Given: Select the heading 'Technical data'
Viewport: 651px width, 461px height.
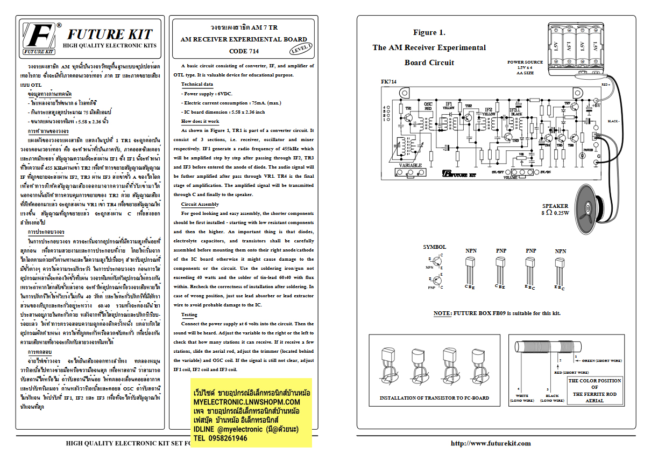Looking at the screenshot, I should [197, 85].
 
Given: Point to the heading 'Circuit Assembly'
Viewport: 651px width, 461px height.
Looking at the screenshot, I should [200, 205].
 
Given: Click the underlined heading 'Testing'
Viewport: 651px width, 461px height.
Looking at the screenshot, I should [189, 315].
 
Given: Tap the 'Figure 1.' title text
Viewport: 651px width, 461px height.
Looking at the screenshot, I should [429, 33].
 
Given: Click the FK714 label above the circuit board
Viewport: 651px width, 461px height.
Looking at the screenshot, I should [388, 82].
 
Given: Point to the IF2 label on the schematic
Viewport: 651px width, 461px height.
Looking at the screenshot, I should [489, 110].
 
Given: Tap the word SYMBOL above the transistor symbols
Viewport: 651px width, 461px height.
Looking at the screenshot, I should [434, 247].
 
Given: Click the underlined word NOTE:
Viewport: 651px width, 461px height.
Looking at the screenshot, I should [443, 313].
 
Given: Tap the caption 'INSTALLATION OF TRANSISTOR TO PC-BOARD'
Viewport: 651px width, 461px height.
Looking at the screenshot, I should [434, 398].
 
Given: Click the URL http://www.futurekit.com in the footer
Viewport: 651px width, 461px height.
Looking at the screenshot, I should [490, 443].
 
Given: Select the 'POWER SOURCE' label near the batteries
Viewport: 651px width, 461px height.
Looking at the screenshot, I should [525, 62].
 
